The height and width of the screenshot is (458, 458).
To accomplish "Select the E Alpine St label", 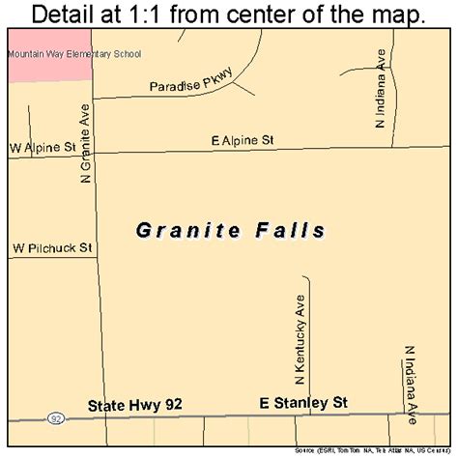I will (x=243, y=140).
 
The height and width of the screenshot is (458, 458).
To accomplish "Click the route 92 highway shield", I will (x=56, y=418).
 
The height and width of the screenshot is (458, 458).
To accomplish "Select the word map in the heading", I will (x=400, y=15).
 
